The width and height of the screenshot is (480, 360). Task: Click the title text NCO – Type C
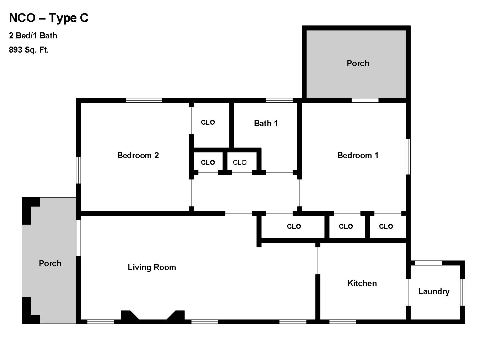(x=49, y=18)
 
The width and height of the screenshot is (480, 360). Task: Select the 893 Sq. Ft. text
(x=28, y=50)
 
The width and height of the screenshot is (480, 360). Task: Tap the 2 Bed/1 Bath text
(x=33, y=36)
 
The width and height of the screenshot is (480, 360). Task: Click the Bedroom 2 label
(x=138, y=155)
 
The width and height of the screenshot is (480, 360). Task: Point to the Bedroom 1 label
(x=358, y=155)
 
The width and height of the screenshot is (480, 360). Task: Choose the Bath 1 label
(x=266, y=123)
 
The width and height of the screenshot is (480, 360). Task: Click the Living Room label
(x=152, y=267)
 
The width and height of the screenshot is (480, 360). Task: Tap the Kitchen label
(x=362, y=283)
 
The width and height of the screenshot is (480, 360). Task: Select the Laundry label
(x=434, y=291)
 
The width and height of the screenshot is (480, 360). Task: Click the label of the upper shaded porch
(x=358, y=63)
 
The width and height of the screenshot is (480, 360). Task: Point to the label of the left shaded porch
(x=50, y=263)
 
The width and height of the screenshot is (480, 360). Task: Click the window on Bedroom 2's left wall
(x=78, y=170)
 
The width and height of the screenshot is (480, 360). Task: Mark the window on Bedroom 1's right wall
(x=408, y=156)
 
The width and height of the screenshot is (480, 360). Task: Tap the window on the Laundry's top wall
(x=428, y=263)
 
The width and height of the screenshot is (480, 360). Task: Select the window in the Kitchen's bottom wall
(x=342, y=322)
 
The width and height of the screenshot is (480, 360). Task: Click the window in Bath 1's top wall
(x=279, y=100)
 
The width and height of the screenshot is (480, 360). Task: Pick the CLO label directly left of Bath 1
(x=208, y=122)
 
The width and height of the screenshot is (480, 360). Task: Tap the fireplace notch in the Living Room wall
(x=153, y=316)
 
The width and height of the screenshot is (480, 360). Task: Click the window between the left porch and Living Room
(x=78, y=238)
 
